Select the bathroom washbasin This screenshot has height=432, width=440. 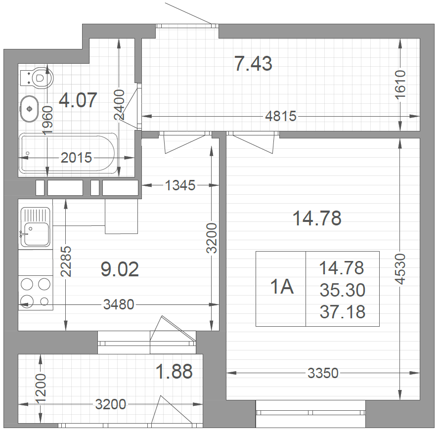pos(29,109)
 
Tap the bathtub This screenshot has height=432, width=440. pos(68,153)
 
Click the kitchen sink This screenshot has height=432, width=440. pos(36,228)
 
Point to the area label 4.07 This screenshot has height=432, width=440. pos(78,100)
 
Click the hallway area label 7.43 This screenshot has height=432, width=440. pos(254,64)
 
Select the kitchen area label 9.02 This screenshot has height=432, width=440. pos(120,269)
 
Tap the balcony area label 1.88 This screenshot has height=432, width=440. pos(174,371)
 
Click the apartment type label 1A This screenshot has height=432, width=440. pos(282,287)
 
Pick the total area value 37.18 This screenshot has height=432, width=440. pos(342,312)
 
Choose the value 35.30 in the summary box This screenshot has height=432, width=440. pos(342,290)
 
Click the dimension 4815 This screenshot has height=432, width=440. pos(281,116)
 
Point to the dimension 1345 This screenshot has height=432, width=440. pos(180,185)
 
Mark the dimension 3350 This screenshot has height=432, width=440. pos(323,373)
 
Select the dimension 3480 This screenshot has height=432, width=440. pos(119,304)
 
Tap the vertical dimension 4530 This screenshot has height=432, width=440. pos(400,269)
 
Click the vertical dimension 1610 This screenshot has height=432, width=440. pos(400,85)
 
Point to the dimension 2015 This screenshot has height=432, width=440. pos(76,158)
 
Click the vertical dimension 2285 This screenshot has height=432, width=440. pos(66,262)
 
